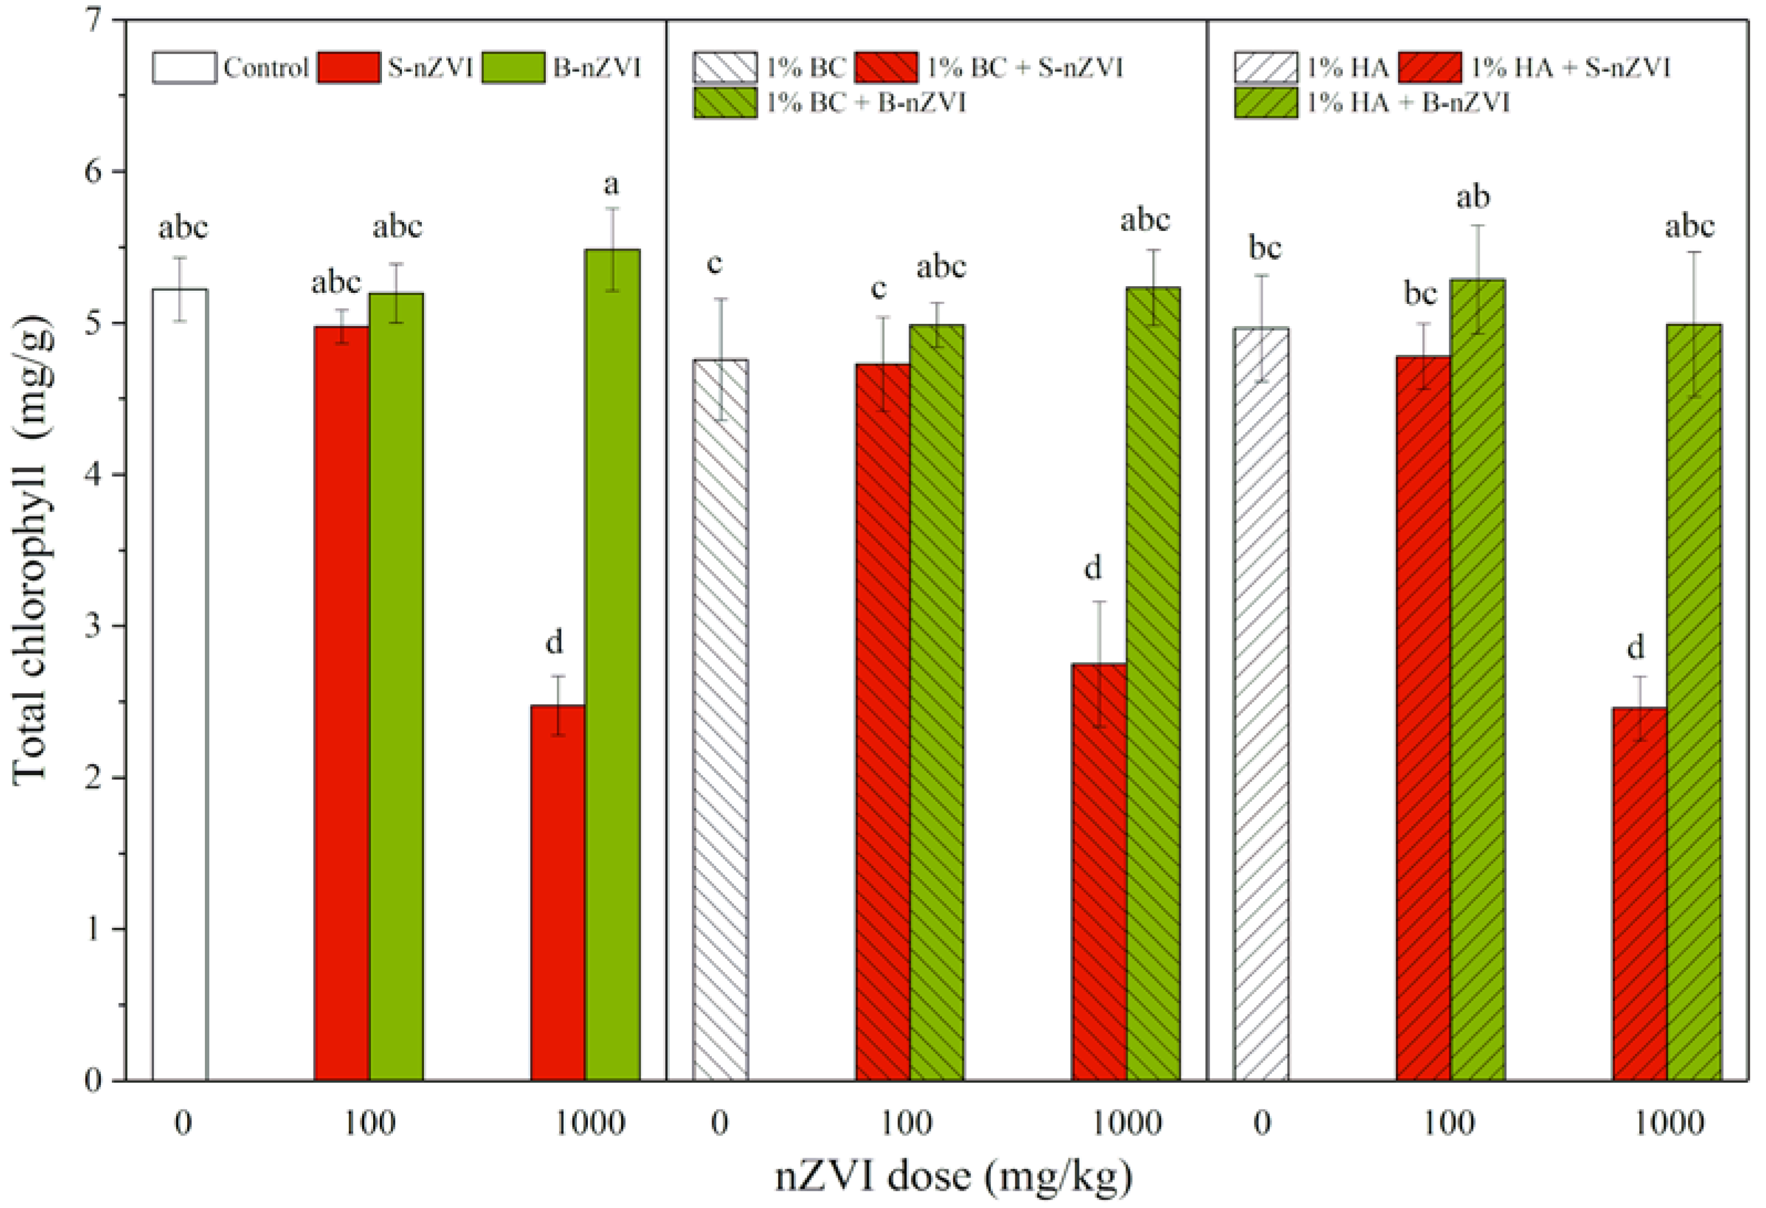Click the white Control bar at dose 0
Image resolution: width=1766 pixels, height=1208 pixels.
coord(180,684)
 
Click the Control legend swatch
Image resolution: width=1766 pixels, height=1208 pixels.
coord(184,68)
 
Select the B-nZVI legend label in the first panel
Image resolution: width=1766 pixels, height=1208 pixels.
coord(597,68)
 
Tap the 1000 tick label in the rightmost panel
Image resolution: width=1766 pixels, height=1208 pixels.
coord(1669,1123)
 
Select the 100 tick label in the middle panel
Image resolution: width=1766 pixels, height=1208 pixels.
coord(907,1123)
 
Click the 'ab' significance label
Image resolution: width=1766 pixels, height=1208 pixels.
coord(1473,198)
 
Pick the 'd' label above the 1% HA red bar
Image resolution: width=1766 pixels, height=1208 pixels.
coord(1636,647)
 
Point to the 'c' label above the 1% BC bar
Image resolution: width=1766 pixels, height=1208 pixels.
coord(714,264)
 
